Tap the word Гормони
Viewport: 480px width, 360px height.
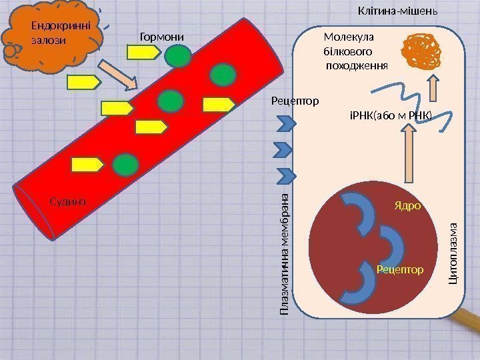(x=161, y=36)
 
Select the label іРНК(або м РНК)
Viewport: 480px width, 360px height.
(x=391, y=115)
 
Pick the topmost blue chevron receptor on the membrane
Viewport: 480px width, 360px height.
(x=286, y=123)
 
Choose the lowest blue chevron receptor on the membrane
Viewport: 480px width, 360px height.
(x=286, y=175)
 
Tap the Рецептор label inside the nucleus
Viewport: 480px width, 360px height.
(x=400, y=269)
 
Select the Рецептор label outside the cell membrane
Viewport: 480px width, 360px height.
(x=295, y=101)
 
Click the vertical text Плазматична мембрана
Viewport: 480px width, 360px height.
(x=285, y=253)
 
